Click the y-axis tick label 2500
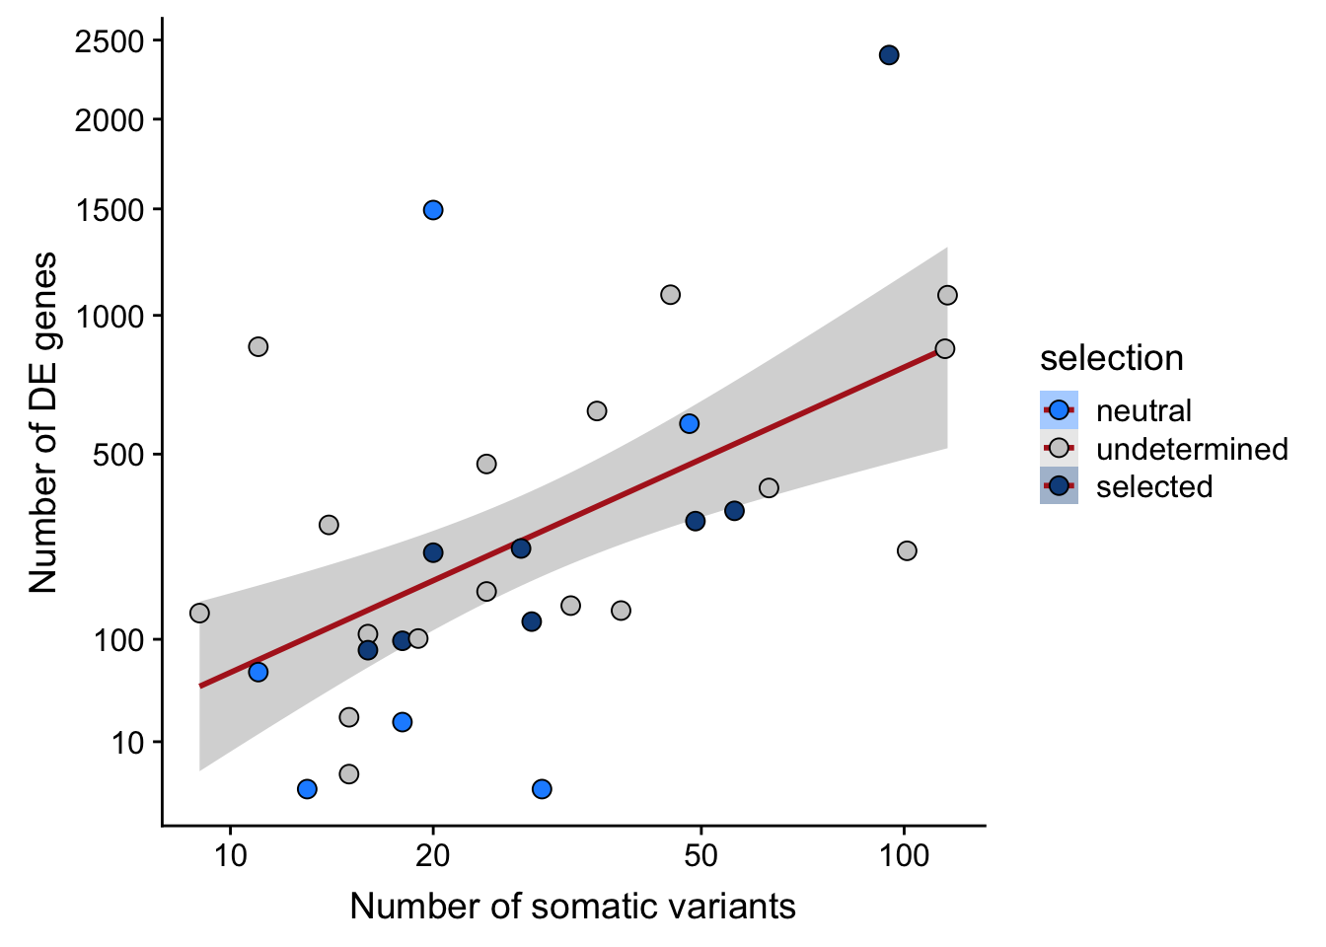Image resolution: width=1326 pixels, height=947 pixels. (109, 41)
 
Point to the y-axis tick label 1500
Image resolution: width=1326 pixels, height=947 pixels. (109, 210)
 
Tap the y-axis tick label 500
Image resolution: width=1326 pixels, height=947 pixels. (118, 455)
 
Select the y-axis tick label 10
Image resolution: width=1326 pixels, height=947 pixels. (126, 743)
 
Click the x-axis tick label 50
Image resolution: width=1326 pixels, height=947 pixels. (700, 854)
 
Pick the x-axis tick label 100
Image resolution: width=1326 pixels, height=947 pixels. (904, 854)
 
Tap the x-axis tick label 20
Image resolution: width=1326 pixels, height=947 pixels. (433, 854)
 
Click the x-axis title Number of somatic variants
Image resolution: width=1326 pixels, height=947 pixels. (572, 906)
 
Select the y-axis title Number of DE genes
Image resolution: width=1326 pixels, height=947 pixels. (43, 422)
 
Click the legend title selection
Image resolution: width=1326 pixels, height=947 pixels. (1111, 358)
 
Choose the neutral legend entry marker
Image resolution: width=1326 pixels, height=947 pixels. (1059, 410)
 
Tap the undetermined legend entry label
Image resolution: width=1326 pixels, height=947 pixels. (1192, 449)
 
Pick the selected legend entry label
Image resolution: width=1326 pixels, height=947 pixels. (1154, 486)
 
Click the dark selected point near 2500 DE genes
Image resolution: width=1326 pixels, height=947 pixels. (889, 55)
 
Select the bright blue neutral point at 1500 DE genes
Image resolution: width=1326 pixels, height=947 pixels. (433, 210)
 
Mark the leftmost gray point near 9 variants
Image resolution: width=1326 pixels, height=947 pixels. (199, 614)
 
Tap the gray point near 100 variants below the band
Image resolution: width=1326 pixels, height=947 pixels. (907, 550)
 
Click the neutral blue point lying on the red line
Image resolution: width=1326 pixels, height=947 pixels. (258, 672)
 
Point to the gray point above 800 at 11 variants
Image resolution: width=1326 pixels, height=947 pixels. (258, 346)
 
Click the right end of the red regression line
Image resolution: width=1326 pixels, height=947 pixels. (938, 350)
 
